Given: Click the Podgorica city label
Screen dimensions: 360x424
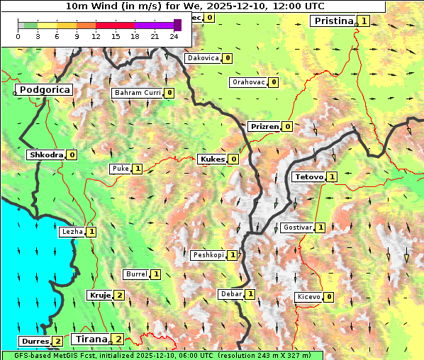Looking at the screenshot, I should (44, 90).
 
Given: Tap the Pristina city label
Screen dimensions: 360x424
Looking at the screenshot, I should (333, 21).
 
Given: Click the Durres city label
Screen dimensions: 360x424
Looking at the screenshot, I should (34, 342).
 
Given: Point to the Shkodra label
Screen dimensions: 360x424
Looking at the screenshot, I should (46, 154).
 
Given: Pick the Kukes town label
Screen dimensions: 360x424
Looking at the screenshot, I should (212, 159).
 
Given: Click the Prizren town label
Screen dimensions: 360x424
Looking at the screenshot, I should (264, 127).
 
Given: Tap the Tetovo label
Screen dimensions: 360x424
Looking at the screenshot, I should (308, 176).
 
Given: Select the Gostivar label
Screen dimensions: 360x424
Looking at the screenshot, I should (296, 227).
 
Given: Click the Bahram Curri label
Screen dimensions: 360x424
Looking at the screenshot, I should (137, 93).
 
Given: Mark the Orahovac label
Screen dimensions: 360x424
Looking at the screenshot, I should (248, 82).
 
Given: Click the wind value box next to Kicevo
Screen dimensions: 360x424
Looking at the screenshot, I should (329, 297).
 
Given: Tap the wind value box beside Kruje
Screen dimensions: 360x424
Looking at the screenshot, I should (119, 295).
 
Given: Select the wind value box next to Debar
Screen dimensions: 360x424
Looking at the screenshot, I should (250, 294).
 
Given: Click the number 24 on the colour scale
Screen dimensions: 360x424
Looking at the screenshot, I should (174, 36).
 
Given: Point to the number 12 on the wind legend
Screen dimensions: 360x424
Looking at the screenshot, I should (96, 36).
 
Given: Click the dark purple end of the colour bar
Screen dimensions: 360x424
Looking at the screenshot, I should (177, 25).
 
